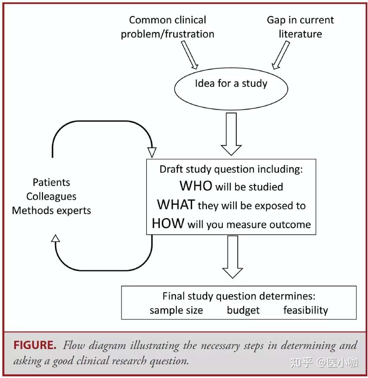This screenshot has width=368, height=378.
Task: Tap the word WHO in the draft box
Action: (x=196, y=186)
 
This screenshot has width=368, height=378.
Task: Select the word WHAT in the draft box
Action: (x=176, y=204)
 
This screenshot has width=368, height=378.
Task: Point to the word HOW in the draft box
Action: (x=168, y=223)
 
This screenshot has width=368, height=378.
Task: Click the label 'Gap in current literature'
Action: (x=300, y=27)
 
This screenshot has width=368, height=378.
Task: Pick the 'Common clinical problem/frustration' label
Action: (x=168, y=27)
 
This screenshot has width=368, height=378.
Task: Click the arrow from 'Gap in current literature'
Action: (x=280, y=55)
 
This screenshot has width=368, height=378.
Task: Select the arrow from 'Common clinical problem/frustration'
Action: (x=190, y=55)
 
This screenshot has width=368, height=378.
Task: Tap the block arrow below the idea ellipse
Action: (x=231, y=134)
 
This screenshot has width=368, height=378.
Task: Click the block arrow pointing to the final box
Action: (x=232, y=257)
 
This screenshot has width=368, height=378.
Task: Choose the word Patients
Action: (x=51, y=182)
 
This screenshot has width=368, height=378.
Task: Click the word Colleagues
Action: (x=51, y=197)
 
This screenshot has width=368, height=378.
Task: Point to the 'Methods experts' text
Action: (x=51, y=211)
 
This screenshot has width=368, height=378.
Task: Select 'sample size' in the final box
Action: (x=176, y=310)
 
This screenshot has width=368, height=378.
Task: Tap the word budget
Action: (x=243, y=310)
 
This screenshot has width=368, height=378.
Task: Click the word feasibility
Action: (x=306, y=310)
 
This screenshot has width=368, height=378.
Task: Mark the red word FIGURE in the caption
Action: (x=35, y=345)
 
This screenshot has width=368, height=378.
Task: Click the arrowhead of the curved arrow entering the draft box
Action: (x=152, y=153)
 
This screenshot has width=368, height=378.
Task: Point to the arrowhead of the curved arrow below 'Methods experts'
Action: (x=56, y=238)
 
